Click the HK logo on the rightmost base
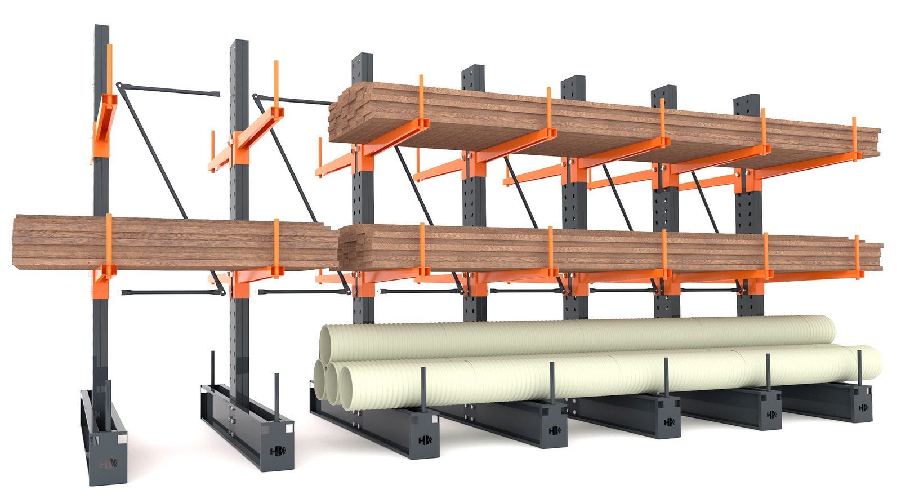(862, 407)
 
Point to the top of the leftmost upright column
(101, 28)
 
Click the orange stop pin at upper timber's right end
(854, 138)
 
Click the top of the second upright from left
(242, 44)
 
